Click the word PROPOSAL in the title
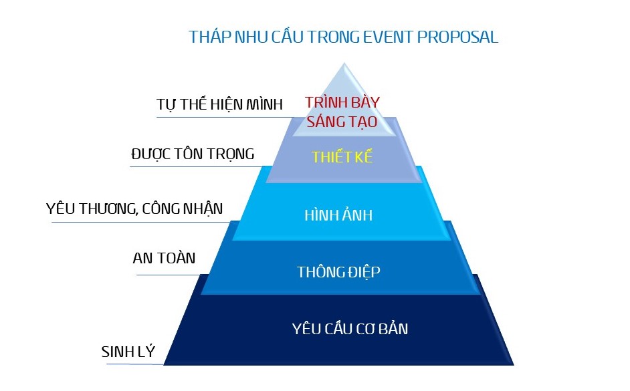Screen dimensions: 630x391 coord(457,37)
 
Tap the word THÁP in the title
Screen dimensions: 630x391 coord(210,37)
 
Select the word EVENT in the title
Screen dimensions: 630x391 coord(388,37)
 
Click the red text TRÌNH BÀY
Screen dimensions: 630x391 coord(342,102)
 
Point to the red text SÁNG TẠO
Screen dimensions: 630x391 coord(342,122)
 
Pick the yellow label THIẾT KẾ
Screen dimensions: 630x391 coord(342,157)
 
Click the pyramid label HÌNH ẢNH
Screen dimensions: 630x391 coord(338,215)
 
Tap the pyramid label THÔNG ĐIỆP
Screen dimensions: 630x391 coord(338,272)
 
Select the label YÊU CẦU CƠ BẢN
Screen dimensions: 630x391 coord(350,328)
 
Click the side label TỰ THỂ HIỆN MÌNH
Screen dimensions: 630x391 coord(220,104)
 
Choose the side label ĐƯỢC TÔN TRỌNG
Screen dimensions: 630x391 coord(193,154)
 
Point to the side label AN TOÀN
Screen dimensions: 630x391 coord(164,258)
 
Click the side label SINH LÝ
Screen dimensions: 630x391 coord(128,352)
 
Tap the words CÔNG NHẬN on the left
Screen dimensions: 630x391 coord(183,209)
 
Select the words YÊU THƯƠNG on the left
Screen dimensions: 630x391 coord(92,209)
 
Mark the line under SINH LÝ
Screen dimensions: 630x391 coord(135,364)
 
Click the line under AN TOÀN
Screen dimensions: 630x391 coord(169,275)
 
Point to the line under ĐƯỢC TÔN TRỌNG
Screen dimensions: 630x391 coord(197,166)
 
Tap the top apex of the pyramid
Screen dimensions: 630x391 coord(344,63)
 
